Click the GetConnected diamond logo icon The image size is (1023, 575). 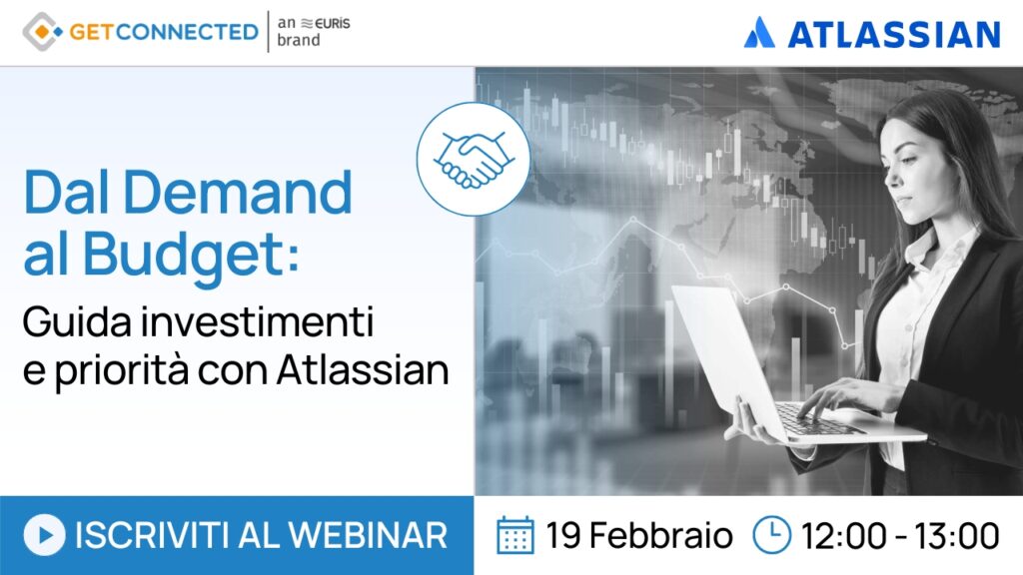(x=43, y=31)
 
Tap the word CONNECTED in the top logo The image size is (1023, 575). (x=187, y=32)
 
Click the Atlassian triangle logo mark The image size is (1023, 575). (x=759, y=33)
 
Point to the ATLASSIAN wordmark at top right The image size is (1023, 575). (x=894, y=35)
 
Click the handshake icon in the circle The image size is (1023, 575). (x=474, y=159)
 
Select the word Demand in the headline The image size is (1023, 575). (x=238, y=192)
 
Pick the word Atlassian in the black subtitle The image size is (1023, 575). (x=363, y=370)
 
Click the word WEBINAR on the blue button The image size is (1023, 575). (x=368, y=535)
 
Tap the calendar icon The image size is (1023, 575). (x=515, y=535)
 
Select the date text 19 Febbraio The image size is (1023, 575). (x=639, y=536)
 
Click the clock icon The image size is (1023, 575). (x=772, y=535)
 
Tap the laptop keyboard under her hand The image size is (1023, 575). (x=812, y=418)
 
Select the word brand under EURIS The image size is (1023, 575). (x=299, y=40)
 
